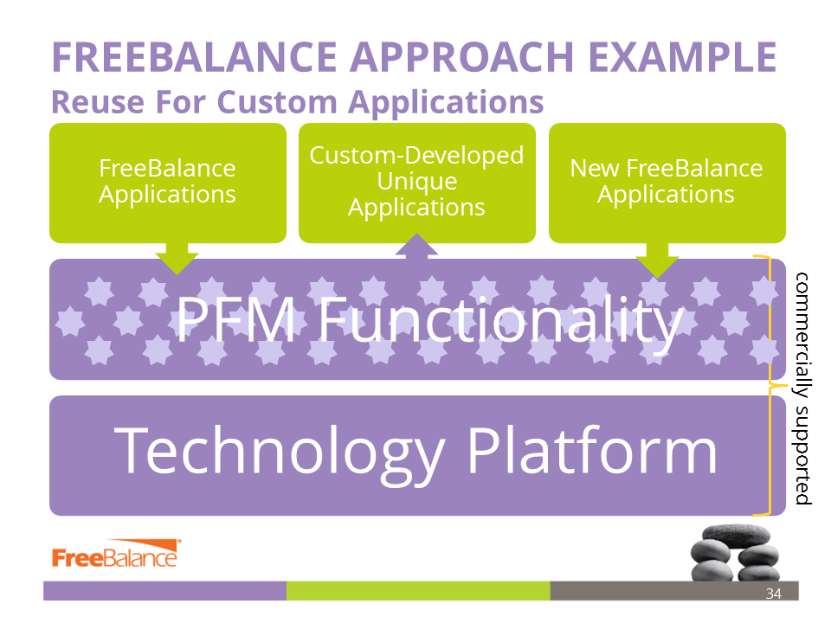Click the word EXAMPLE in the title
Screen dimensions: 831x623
[x=683, y=57]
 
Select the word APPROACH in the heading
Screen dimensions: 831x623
[x=461, y=57]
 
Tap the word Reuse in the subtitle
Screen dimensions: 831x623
[x=98, y=102]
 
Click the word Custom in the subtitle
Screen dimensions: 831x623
[x=277, y=102]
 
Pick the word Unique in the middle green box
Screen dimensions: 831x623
[x=417, y=181]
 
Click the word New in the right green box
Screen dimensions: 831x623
[x=595, y=169]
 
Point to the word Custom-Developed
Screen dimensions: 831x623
[x=416, y=155]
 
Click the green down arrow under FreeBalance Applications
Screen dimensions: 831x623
[x=177, y=259]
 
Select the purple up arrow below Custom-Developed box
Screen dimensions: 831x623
[x=417, y=246]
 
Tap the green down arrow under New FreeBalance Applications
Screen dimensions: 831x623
[x=657, y=260]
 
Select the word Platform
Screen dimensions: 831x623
[x=592, y=450]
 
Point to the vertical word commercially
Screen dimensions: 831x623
[x=802, y=336]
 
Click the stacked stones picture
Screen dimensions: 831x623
[x=735, y=553]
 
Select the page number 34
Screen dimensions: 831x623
[x=773, y=594]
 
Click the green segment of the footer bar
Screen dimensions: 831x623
[x=418, y=591]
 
